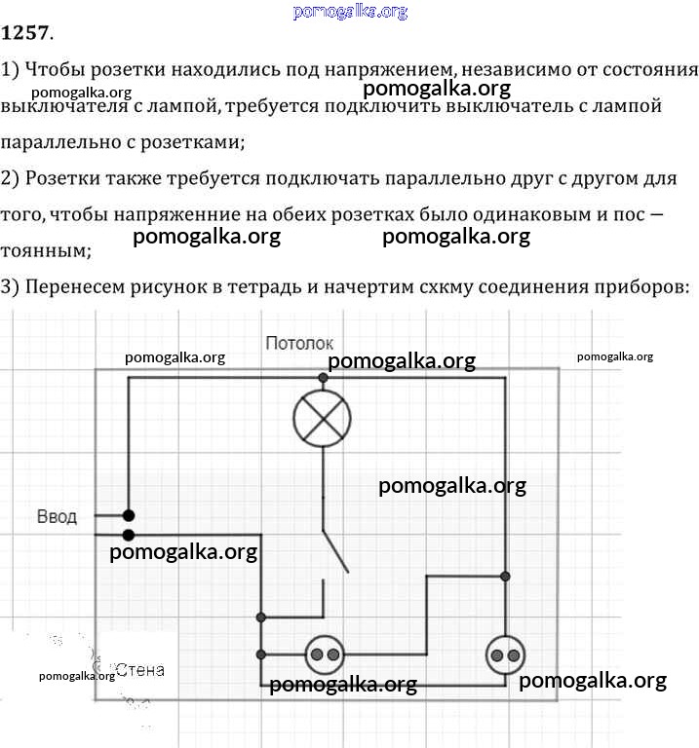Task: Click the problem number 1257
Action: pyautogui.click(x=24, y=32)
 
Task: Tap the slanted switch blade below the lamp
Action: pyautogui.click(x=335, y=551)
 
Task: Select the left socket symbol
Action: pyautogui.click(x=325, y=654)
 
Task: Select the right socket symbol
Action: pyautogui.click(x=505, y=654)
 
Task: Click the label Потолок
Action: pyautogui.click(x=299, y=343)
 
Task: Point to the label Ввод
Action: pyautogui.click(x=57, y=516)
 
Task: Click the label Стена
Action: pyautogui.click(x=139, y=670)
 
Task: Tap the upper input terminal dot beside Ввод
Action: pyautogui.click(x=129, y=515)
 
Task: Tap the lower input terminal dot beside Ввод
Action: pyautogui.click(x=129, y=535)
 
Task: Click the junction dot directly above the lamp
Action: pyautogui.click(x=323, y=378)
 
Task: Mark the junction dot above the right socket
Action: pyautogui.click(x=505, y=577)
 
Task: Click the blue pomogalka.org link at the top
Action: pyautogui.click(x=350, y=11)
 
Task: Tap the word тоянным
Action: pyautogui.click(x=46, y=250)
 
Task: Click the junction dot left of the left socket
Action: pyautogui.click(x=260, y=654)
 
